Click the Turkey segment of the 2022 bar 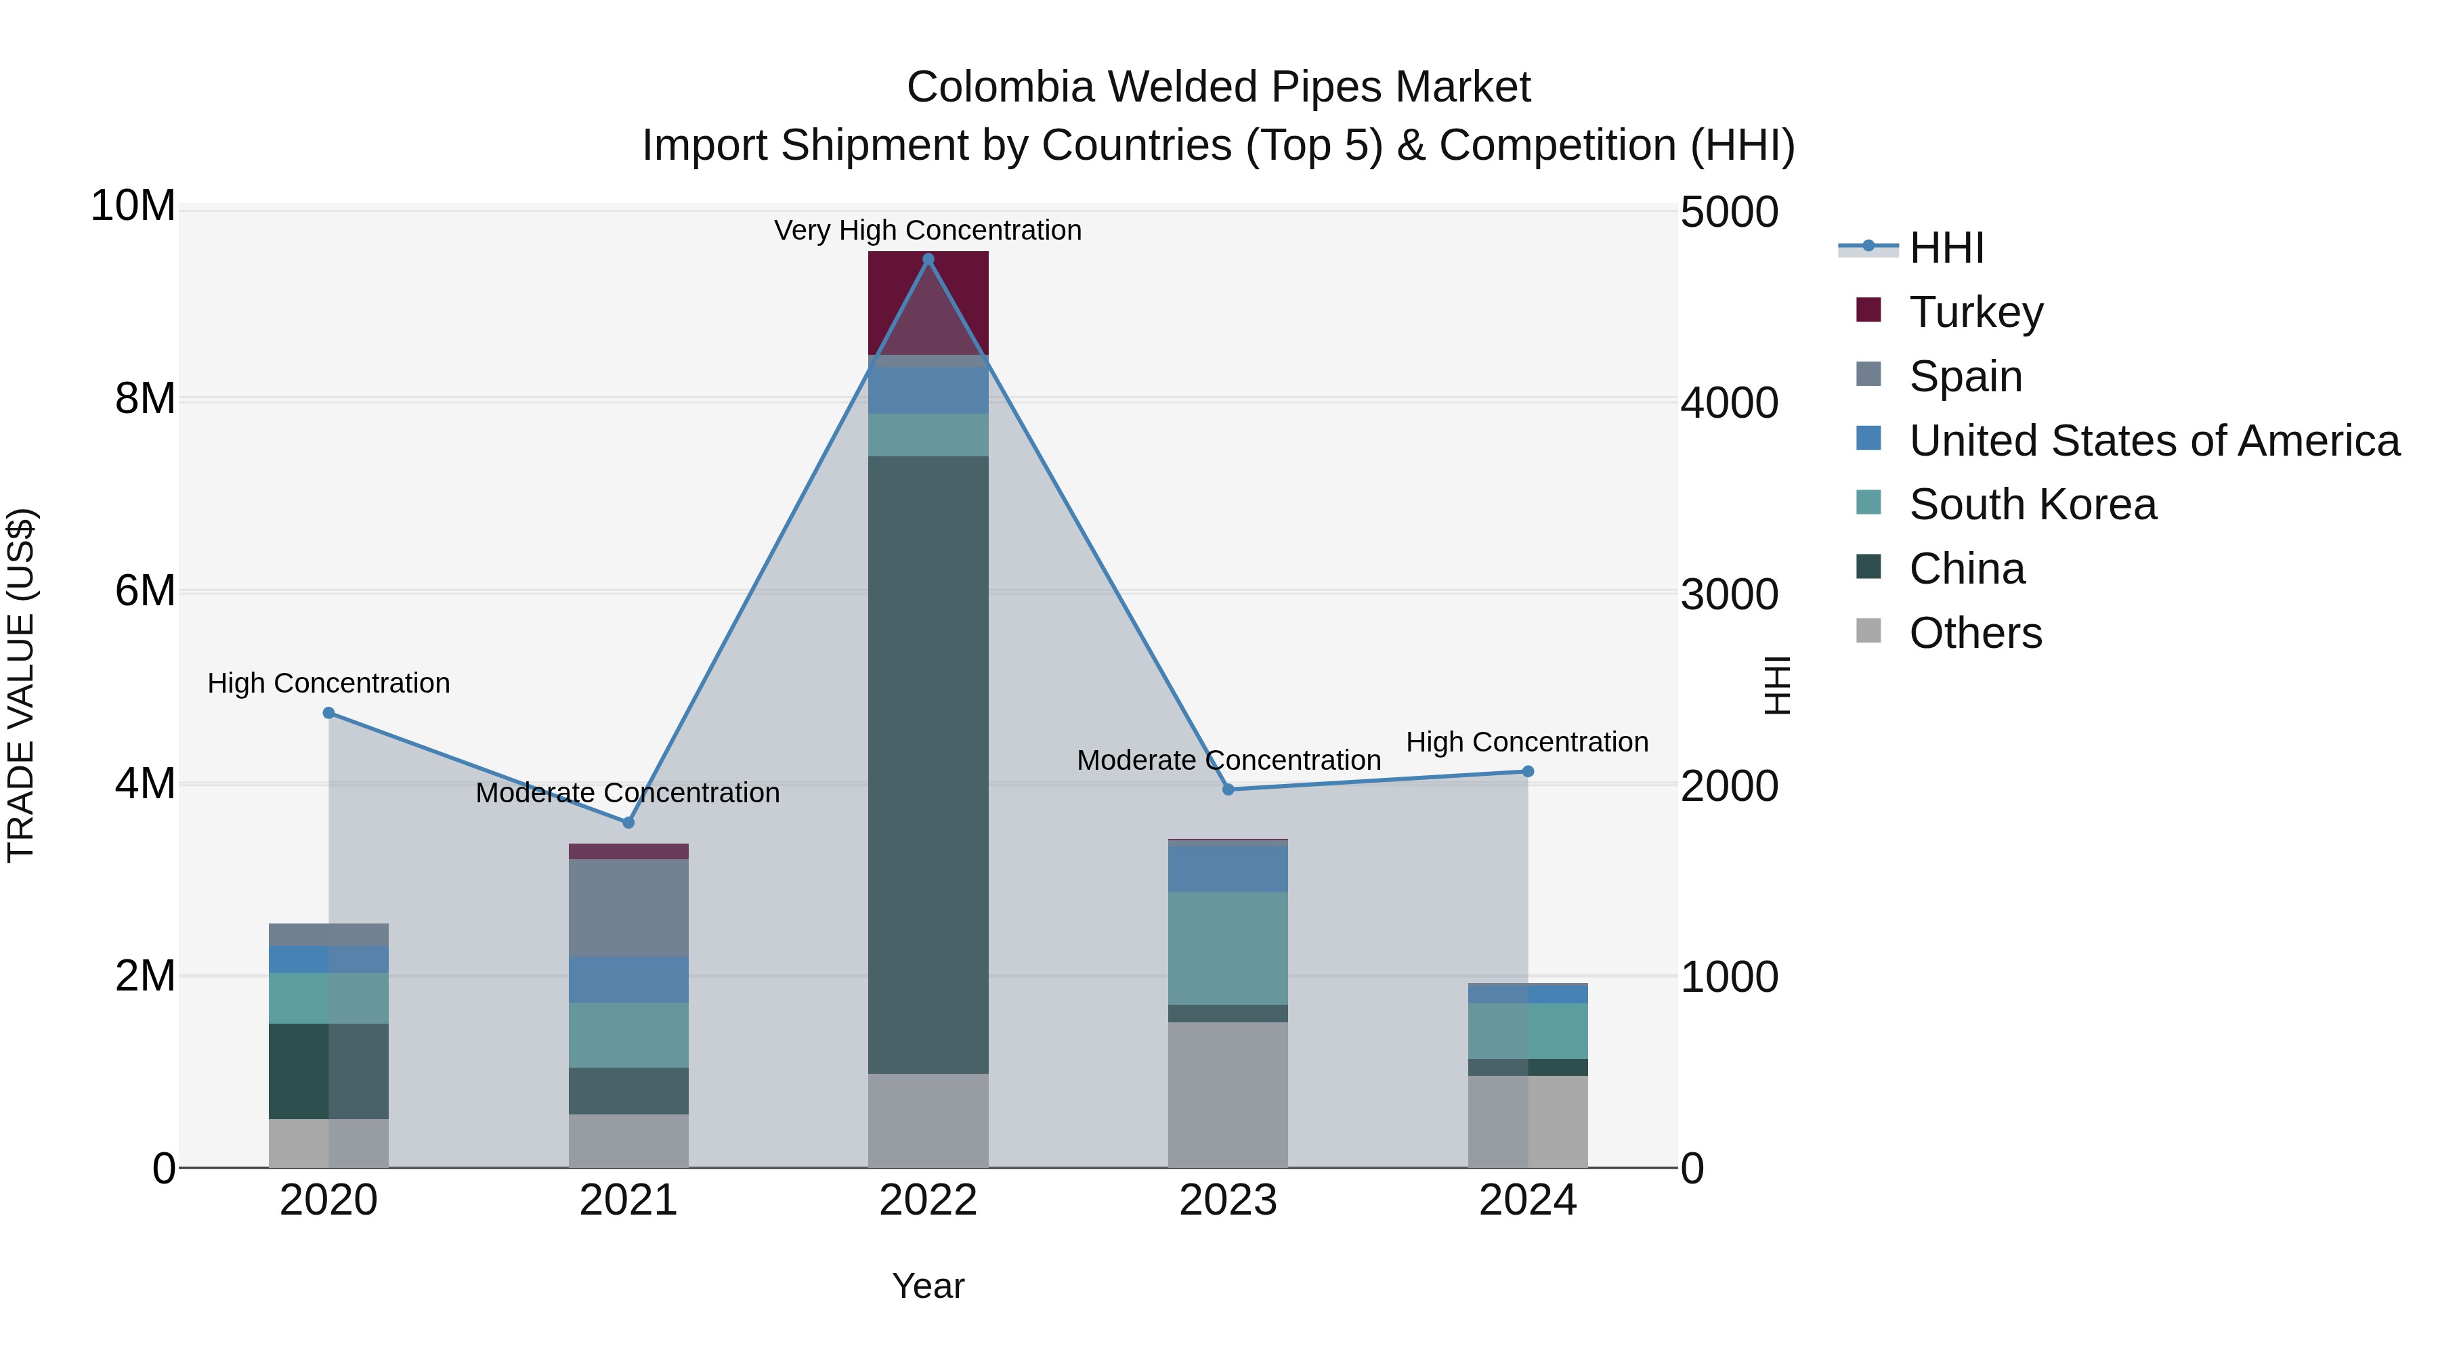click(928, 303)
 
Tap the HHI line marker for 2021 click(628, 822)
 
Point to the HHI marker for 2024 click(1528, 771)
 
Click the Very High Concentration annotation click(928, 230)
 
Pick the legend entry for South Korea click(2032, 504)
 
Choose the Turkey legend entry click(1975, 312)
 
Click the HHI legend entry click(1946, 248)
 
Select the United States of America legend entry click(2153, 441)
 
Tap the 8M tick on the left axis click(145, 398)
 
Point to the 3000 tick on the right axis click(1728, 595)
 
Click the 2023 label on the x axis click(1228, 1200)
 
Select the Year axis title click(928, 1286)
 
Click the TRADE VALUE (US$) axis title click(22, 685)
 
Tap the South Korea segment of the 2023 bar click(1228, 948)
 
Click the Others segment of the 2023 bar click(1228, 1094)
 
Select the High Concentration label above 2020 click(328, 683)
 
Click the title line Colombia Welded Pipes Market click(1218, 87)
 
